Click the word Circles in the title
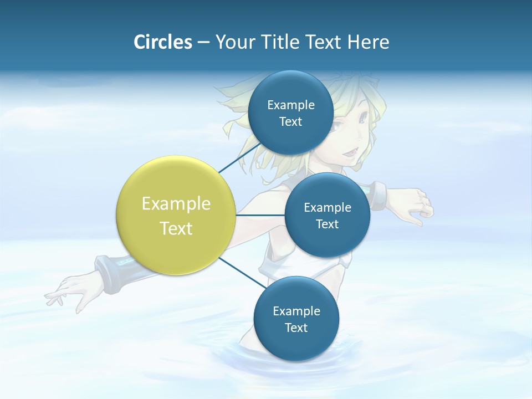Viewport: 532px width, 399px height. coord(163,42)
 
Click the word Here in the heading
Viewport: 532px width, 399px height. coord(368,42)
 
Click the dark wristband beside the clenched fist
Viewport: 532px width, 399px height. coord(377,195)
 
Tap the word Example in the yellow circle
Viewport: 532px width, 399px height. coord(176,204)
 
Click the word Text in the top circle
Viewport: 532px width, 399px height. coord(291,122)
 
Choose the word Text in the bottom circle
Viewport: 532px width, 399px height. coord(296,328)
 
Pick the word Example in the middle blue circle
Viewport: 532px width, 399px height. coord(328,207)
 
